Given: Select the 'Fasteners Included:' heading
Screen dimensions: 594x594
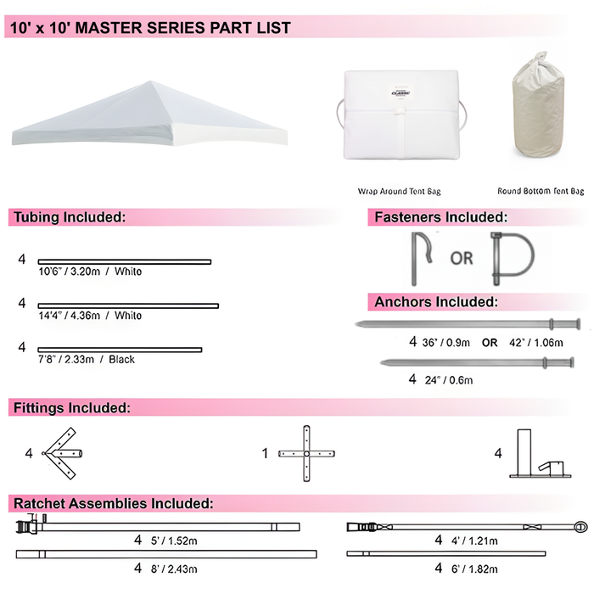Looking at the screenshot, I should click(x=440, y=218).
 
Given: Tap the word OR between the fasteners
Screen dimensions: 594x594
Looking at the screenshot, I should click(x=462, y=258).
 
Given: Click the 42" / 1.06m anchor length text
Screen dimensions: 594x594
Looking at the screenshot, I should click(x=532, y=344).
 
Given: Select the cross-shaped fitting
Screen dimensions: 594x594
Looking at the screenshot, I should click(x=303, y=454).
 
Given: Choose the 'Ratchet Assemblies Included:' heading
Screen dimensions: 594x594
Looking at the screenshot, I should click(x=113, y=503).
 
